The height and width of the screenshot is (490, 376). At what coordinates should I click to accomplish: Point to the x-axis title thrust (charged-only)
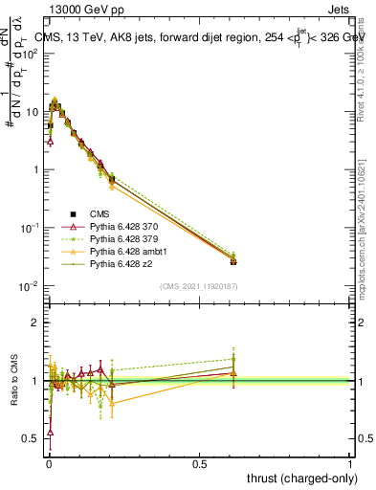click(x=300, y=479)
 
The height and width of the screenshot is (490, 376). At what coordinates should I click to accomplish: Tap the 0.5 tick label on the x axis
click(x=199, y=465)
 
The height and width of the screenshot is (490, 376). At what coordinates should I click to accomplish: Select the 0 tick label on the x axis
click(x=47, y=465)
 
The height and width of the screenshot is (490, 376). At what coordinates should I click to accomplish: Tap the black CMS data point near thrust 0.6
click(x=233, y=261)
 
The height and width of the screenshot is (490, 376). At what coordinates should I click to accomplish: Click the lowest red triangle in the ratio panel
click(x=50, y=433)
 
